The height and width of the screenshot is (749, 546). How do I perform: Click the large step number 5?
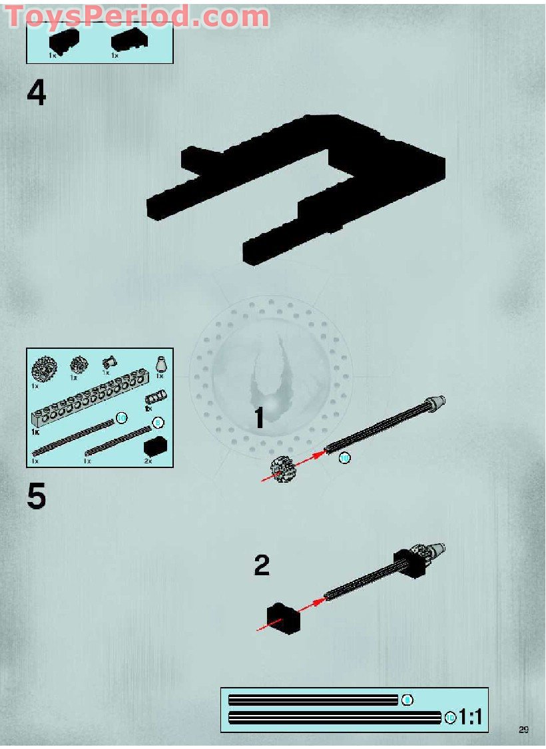(37, 497)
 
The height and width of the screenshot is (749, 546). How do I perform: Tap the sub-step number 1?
(260, 418)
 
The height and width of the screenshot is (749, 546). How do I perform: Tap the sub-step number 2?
(262, 565)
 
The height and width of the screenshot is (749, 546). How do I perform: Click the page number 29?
(523, 730)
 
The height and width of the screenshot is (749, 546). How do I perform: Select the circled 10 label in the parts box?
(121, 417)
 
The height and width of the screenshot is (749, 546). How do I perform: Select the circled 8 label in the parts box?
(158, 422)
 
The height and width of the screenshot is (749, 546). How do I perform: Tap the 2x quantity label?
(148, 460)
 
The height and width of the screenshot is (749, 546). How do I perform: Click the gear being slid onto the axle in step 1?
(282, 469)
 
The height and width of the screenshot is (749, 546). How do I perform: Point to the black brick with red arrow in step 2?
(283, 619)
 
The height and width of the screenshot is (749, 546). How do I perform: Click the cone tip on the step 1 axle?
(436, 402)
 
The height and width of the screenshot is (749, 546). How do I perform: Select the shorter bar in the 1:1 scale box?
(313, 700)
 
